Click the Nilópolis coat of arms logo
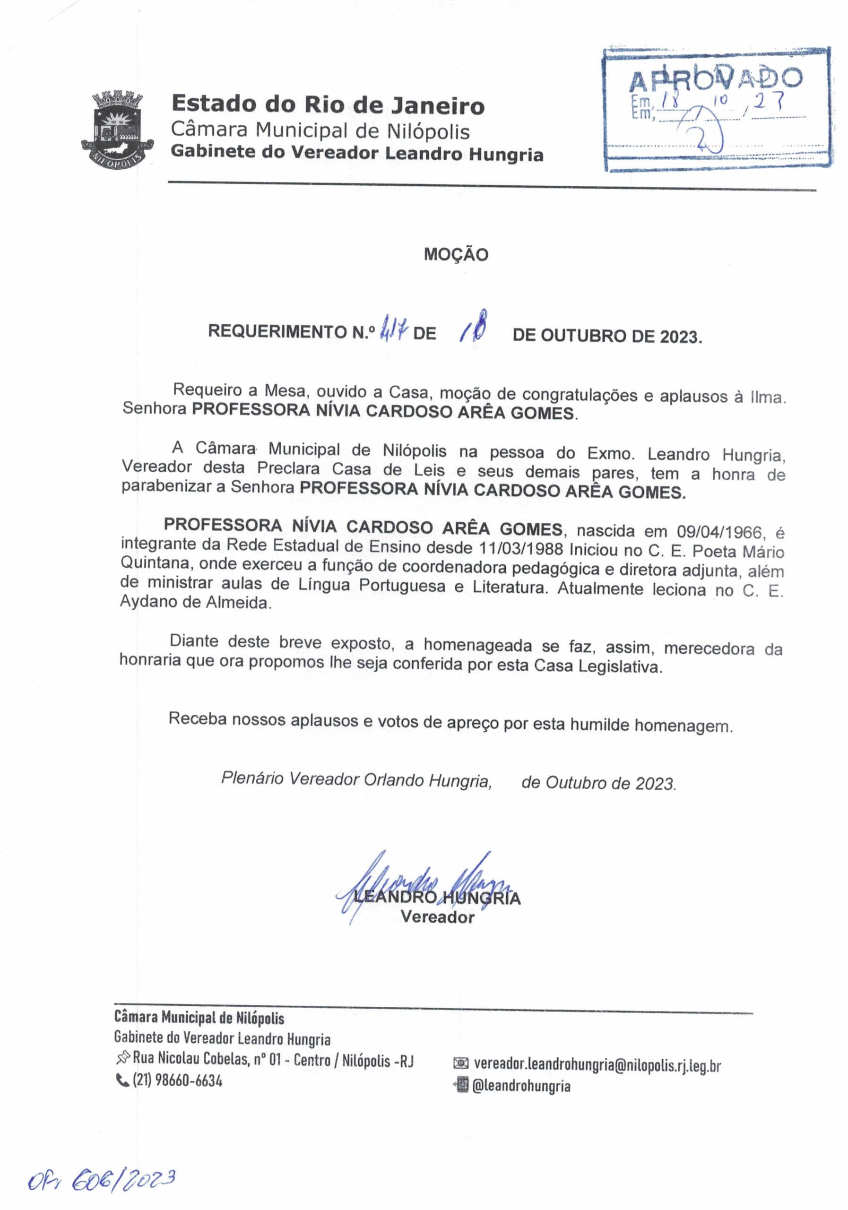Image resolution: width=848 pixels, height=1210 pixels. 117,128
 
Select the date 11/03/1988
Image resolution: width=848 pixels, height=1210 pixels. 522,548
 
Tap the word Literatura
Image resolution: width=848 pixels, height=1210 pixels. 509,587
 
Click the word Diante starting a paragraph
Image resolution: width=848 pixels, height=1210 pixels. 193,641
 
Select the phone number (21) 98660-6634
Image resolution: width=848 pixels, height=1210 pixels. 177,1081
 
